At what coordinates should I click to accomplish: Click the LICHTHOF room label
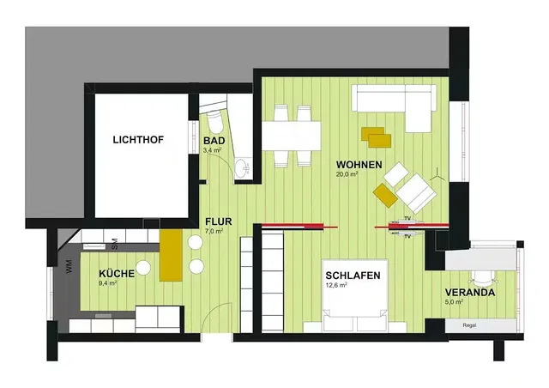pyautogui.click(x=138, y=140)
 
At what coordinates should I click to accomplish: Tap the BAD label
pyautogui.click(x=214, y=141)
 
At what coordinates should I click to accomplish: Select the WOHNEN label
pyautogui.click(x=359, y=165)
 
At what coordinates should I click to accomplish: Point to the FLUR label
pyautogui.click(x=219, y=221)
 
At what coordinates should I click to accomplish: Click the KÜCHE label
pyautogui.click(x=117, y=273)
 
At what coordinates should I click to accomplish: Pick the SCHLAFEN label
pyautogui.click(x=353, y=276)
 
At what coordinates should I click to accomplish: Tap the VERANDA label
pyautogui.click(x=470, y=293)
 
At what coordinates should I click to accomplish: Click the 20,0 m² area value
pyautogui.click(x=347, y=174)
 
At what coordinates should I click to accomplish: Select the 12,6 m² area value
pyautogui.click(x=336, y=285)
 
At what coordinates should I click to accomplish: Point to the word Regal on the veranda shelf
pyautogui.click(x=469, y=325)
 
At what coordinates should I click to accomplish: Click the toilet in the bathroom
pyautogui.click(x=214, y=118)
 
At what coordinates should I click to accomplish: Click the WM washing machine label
pyautogui.click(x=69, y=266)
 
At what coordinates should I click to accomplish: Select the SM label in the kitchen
pyautogui.click(x=114, y=245)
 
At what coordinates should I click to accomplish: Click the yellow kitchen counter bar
pyautogui.click(x=171, y=255)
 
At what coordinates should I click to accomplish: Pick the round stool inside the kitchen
pyautogui.click(x=143, y=268)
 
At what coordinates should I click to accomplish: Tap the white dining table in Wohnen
pyautogui.click(x=292, y=136)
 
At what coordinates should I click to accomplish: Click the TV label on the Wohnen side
pyautogui.click(x=407, y=218)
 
